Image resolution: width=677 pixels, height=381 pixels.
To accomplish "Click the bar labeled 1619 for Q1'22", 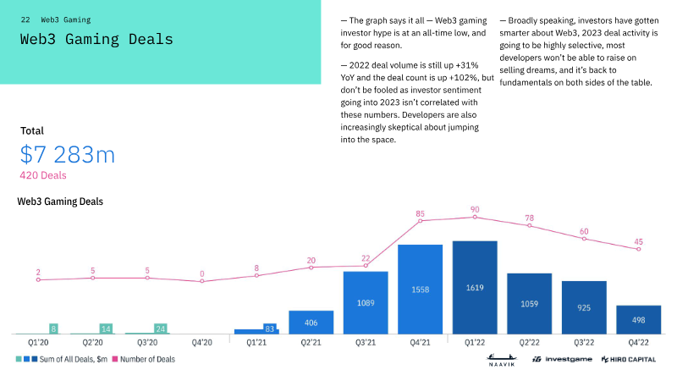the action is (475, 287).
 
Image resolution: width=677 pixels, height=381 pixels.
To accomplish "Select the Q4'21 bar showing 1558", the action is (420, 290).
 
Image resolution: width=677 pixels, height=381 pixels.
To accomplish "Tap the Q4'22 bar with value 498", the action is (639, 320).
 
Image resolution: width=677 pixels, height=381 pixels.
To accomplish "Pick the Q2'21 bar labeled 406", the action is (311, 323).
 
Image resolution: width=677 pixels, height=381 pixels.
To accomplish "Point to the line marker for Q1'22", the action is (475, 218).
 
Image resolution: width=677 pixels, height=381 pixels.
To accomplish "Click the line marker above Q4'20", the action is (202, 281).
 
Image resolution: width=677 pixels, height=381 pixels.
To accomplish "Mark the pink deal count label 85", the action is (420, 213).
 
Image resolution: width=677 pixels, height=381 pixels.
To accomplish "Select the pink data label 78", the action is (530, 218).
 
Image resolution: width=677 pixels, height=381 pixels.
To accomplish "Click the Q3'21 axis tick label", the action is (366, 343).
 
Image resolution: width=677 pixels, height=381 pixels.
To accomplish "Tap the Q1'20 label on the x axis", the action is (38, 343).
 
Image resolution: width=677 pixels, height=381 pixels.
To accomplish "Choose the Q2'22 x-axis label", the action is (530, 343).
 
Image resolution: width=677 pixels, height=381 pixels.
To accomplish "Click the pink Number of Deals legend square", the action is (115, 359).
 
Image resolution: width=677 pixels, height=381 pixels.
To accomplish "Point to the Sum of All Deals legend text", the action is (74, 359).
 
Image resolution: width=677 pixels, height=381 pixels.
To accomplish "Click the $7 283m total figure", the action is (68, 154).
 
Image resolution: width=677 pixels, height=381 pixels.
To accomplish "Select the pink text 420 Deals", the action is (43, 175).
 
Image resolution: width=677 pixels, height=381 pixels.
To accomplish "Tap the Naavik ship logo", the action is (502, 360).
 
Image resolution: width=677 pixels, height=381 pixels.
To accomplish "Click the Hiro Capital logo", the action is (629, 359).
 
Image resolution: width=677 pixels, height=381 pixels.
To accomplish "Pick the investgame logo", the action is (562, 359).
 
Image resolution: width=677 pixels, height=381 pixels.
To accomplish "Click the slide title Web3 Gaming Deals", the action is (96, 39).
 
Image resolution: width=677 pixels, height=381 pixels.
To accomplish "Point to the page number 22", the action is (25, 19).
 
